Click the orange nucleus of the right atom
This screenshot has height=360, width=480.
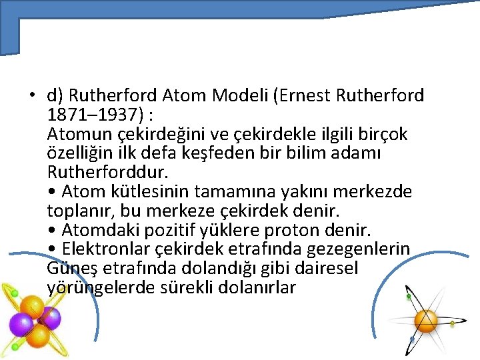pyautogui.click(x=425, y=321)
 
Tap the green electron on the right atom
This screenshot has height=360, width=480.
pyautogui.click(x=453, y=324)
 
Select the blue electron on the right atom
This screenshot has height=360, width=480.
pyautogui.click(x=412, y=340)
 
